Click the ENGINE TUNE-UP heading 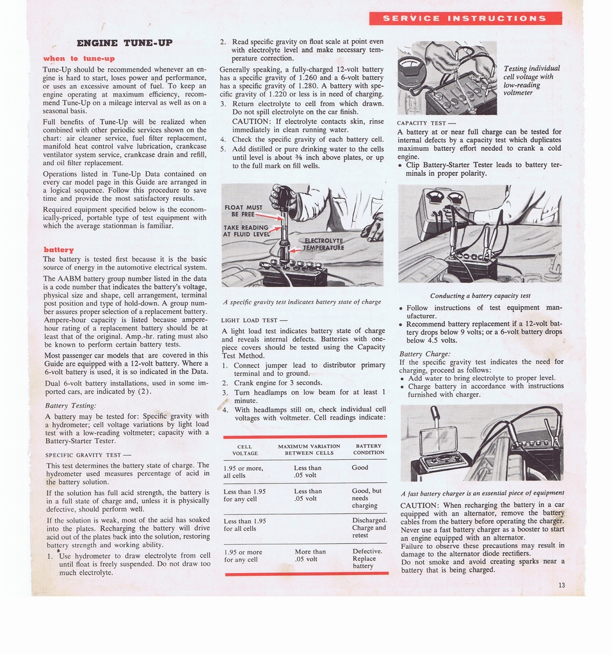pyautogui.click(x=124, y=43)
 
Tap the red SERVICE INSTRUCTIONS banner pyautogui.click(x=465, y=18)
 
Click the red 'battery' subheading pyautogui.click(x=58, y=249)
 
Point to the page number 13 pyautogui.click(x=561, y=585)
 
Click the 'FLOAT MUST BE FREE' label pyautogui.click(x=243, y=210)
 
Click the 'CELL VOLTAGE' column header pyautogui.click(x=244, y=450)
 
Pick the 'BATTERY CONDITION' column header pyautogui.click(x=368, y=449)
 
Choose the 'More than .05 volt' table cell pyautogui.click(x=310, y=555)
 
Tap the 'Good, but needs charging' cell pyautogui.click(x=367, y=498)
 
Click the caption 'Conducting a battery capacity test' pyautogui.click(x=480, y=296)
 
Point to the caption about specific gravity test pyautogui.click(x=302, y=301)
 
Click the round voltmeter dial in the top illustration pyautogui.click(x=412, y=70)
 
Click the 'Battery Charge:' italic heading pyautogui.click(x=424, y=354)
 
